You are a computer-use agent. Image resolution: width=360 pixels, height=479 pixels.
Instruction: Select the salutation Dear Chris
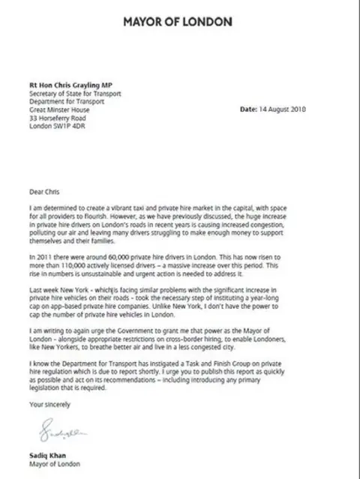click(43, 191)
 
